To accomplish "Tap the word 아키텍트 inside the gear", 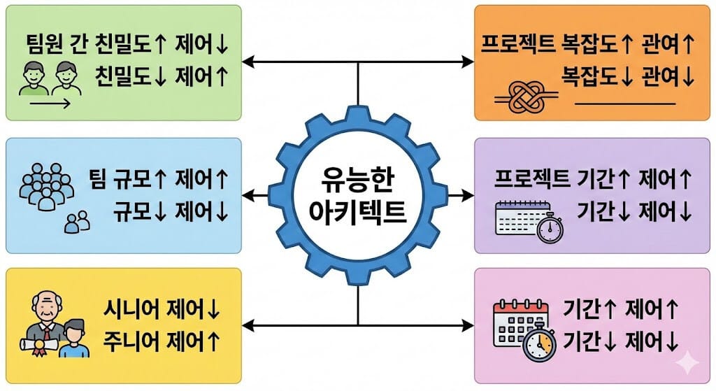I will (x=358, y=211).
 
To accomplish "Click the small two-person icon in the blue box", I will (x=77, y=222).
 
